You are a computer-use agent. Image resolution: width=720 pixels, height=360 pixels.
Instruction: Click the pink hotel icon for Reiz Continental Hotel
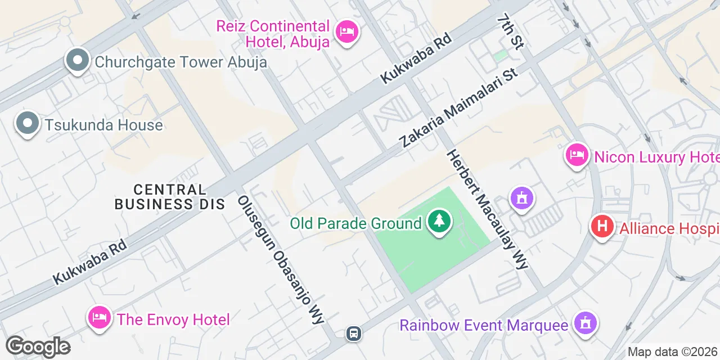[347, 31]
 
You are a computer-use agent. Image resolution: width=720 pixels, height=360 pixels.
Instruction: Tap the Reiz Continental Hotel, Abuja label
[273, 34]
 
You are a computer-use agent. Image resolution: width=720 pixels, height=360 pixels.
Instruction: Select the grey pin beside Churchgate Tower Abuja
[78, 60]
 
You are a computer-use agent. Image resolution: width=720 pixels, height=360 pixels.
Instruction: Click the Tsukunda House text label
[104, 125]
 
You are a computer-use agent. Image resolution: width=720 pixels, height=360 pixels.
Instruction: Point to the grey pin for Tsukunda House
[27, 123]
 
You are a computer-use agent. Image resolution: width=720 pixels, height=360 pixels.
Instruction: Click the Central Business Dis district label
[169, 197]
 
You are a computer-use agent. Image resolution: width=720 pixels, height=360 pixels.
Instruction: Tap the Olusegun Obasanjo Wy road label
[281, 260]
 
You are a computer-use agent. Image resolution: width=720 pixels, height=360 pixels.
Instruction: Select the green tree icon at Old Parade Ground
[439, 221]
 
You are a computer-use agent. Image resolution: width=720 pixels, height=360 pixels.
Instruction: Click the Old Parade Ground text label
[355, 223]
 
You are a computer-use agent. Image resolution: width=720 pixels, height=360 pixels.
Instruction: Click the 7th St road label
[510, 32]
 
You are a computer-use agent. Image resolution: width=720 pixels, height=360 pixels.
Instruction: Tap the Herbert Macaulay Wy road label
[487, 209]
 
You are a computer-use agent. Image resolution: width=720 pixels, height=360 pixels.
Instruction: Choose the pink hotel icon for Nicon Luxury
[577, 155]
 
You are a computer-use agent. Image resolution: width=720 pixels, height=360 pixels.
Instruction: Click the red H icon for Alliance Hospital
[601, 227]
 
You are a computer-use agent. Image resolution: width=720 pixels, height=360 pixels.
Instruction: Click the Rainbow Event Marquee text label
[484, 325]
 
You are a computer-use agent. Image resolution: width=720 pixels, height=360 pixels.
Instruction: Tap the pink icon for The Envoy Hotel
[99, 317]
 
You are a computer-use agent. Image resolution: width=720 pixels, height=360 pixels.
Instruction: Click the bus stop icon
[354, 334]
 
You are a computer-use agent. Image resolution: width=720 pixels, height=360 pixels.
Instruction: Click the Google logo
[38, 346]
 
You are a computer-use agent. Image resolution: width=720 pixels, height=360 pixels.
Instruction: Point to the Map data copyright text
[673, 352]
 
